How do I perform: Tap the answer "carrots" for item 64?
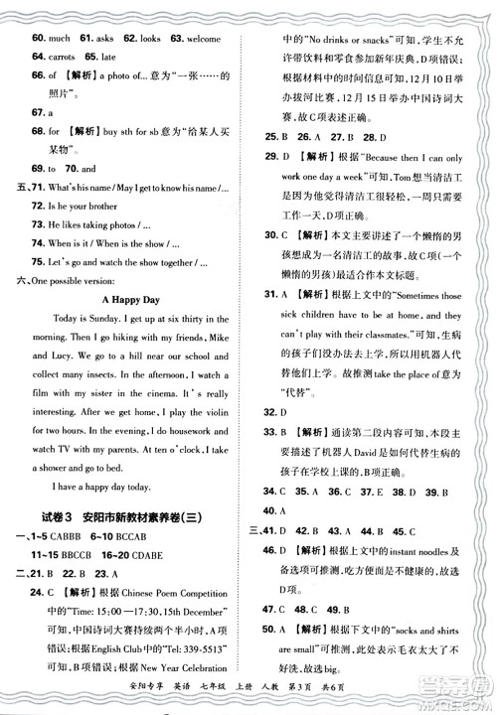point(66,57)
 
